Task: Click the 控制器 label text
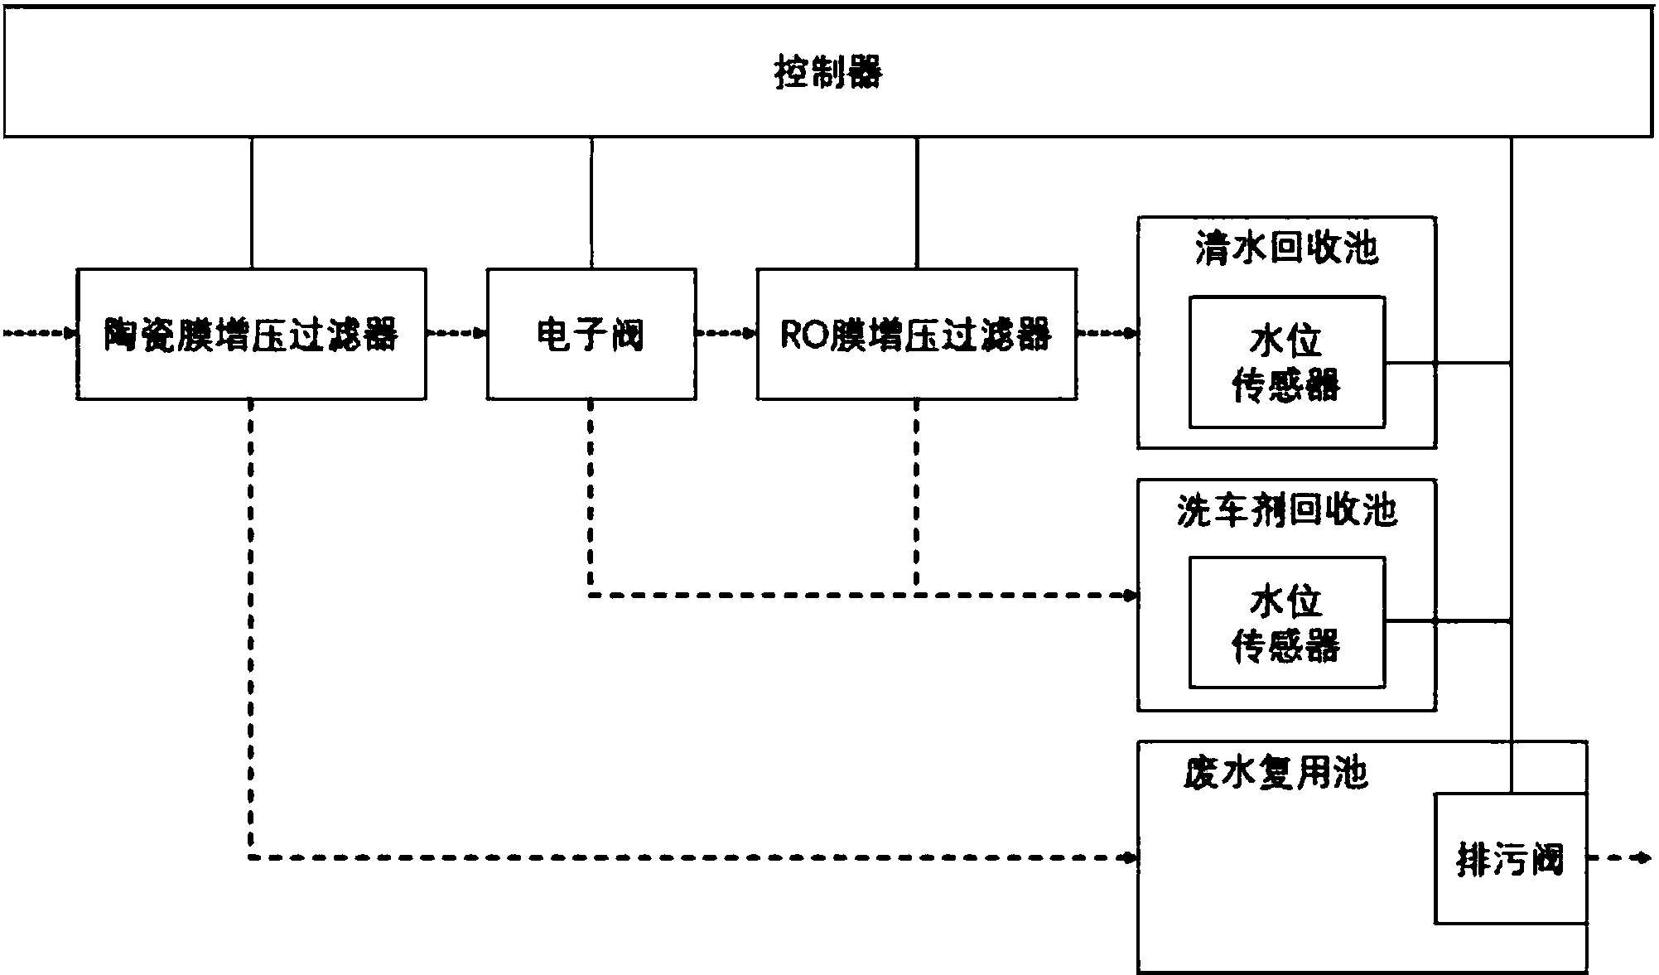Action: pos(828,73)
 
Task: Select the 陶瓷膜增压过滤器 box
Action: pos(251,334)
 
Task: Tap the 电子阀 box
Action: pos(591,334)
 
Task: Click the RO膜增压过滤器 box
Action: pos(916,334)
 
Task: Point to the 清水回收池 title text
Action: pos(1286,248)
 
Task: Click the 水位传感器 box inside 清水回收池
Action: pos(1286,362)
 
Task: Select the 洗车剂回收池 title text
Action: pos(1286,510)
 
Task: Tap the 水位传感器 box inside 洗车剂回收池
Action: pos(1286,623)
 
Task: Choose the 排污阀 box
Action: pos(1510,859)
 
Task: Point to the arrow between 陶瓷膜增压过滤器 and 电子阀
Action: pos(456,334)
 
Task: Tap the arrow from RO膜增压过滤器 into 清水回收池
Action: pos(1107,334)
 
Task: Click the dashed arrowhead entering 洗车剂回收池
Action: pos(1129,595)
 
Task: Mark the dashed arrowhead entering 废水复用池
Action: pos(1129,857)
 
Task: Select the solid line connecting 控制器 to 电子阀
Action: pos(591,203)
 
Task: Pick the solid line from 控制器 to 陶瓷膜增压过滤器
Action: pos(252,203)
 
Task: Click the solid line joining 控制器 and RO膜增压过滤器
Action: pos(916,203)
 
